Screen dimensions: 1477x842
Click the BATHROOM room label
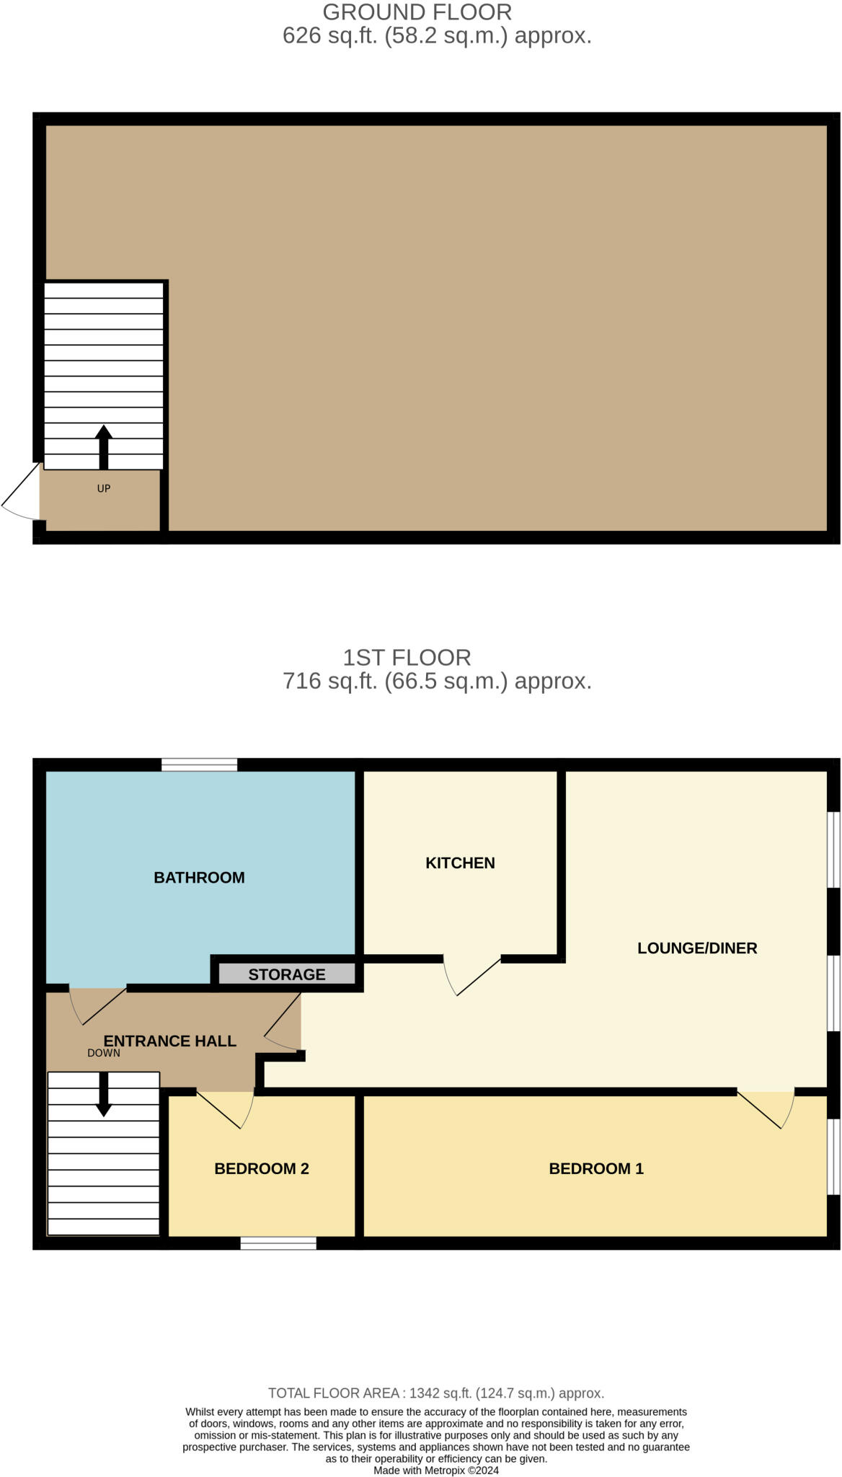pyautogui.click(x=199, y=878)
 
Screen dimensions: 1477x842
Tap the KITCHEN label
pyautogui.click(x=460, y=863)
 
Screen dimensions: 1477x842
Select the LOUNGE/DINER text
pyautogui.click(x=696, y=948)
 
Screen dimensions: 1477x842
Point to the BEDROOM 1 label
pyautogui.click(x=595, y=1169)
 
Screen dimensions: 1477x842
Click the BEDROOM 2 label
pyautogui.click(x=261, y=1169)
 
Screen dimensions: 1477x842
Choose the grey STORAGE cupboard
pyautogui.click(x=286, y=974)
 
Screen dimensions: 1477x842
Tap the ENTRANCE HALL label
pyautogui.click(x=170, y=1041)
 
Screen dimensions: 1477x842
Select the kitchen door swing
pyautogui.click(x=469, y=975)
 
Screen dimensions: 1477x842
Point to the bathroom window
pyautogui.click(x=199, y=764)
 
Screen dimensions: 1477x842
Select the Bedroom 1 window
pyautogui.click(x=833, y=1157)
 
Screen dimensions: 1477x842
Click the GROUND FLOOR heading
pyautogui.click(x=417, y=12)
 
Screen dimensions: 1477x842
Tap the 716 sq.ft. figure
pyautogui.click(x=329, y=681)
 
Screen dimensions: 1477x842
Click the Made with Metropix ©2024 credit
pyautogui.click(x=435, y=1470)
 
